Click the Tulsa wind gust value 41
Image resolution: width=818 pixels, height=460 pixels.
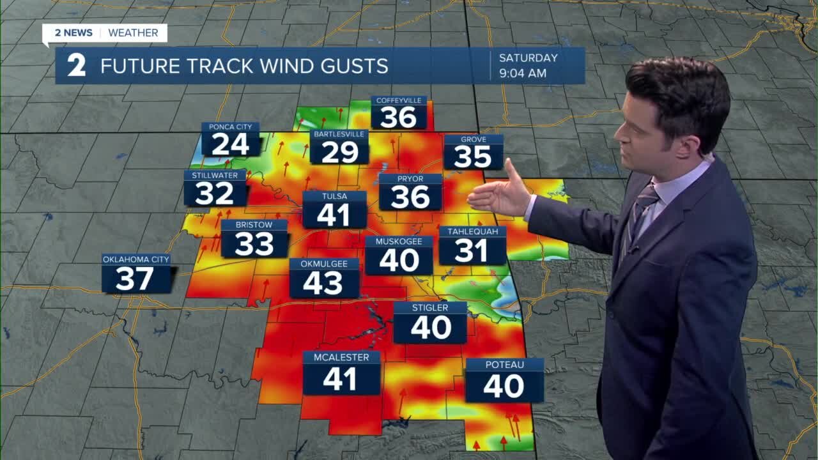334,215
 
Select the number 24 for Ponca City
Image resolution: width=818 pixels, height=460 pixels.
230,145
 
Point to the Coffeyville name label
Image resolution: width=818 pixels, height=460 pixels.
399,101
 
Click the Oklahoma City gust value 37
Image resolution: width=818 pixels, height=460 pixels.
135,279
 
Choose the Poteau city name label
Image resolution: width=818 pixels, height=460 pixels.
504,364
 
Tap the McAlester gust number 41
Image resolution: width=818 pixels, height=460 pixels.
339,379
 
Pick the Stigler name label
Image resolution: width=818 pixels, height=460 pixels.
430,307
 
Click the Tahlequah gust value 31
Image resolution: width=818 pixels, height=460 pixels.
472,250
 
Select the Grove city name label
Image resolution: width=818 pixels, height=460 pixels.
474,139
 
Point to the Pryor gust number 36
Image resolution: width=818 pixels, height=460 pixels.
410,197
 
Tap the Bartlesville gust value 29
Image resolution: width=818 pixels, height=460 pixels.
339,152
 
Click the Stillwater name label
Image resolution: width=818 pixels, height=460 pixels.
215,175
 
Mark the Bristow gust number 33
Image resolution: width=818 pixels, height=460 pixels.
254,244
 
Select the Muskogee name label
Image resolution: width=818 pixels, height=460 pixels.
399,241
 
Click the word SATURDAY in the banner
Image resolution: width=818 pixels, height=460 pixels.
528,57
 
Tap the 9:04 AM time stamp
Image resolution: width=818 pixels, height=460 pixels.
523,73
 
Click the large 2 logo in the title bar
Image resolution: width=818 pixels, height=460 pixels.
76,66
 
